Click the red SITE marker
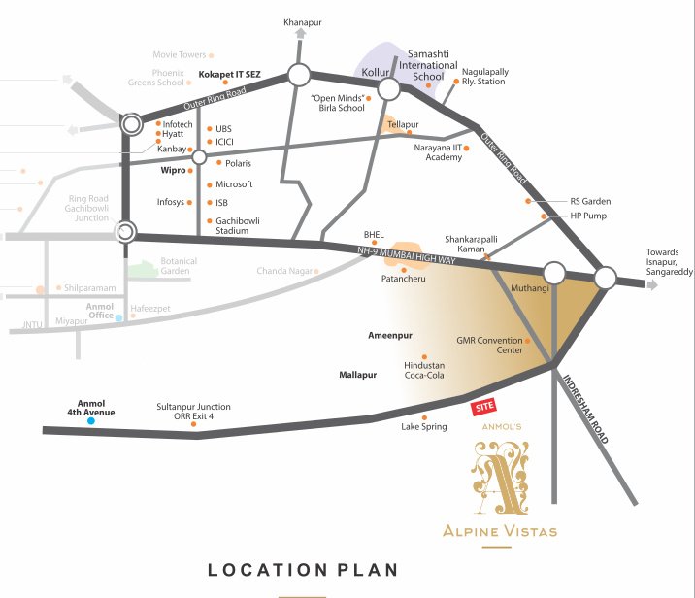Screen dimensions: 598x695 [x=482, y=409]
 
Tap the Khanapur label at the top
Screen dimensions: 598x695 [x=301, y=21]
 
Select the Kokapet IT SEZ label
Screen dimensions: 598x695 [x=229, y=73]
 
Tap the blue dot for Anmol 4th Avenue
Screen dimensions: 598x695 [x=90, y=422]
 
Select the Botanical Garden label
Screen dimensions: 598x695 [x=178, y=267]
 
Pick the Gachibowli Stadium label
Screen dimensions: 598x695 [x=238, y=226]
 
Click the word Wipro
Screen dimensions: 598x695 [x=172, y=169]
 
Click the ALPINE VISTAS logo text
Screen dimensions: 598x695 [x=500, y=530]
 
